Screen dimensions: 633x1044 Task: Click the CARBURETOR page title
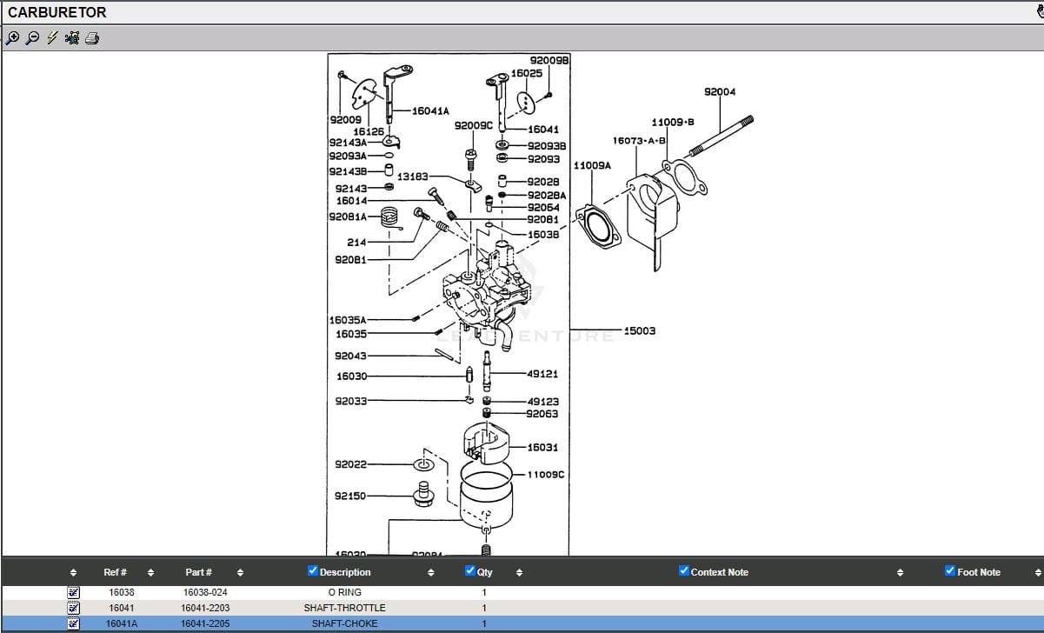57,12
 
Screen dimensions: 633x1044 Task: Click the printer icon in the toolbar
91,38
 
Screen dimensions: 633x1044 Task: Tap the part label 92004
719,92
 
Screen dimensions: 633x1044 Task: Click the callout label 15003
640,331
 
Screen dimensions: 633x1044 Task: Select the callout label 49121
542,374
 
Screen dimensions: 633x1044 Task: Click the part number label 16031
542,447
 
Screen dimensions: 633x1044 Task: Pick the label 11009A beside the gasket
592,164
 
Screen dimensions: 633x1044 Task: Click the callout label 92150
350,496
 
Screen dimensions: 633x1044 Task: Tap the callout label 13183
412,177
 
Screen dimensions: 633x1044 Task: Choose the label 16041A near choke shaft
430,111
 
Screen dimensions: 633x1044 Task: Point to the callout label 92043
350,356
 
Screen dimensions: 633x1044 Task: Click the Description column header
345,572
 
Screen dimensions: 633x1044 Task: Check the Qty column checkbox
470,571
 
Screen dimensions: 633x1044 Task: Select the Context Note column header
719,572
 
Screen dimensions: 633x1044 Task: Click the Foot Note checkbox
949,571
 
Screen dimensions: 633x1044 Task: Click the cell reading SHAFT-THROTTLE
344,608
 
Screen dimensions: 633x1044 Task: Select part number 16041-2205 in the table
205,623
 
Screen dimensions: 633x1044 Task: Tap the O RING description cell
344,592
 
